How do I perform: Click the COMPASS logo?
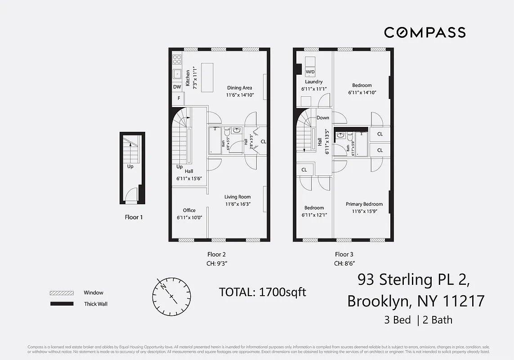425,32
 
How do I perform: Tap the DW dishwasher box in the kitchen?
177,87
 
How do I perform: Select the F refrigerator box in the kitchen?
178,98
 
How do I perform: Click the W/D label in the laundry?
310,72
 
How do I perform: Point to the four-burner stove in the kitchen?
177,59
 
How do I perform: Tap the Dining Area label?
240,88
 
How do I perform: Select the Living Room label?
238,197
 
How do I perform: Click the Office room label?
189,210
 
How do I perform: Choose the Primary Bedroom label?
364,204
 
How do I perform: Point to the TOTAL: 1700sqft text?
262,292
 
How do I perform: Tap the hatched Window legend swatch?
61,293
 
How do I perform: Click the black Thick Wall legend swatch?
61,304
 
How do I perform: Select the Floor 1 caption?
134,217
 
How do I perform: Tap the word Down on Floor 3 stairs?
322,117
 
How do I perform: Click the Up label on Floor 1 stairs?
130,166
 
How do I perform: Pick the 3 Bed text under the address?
397,320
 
